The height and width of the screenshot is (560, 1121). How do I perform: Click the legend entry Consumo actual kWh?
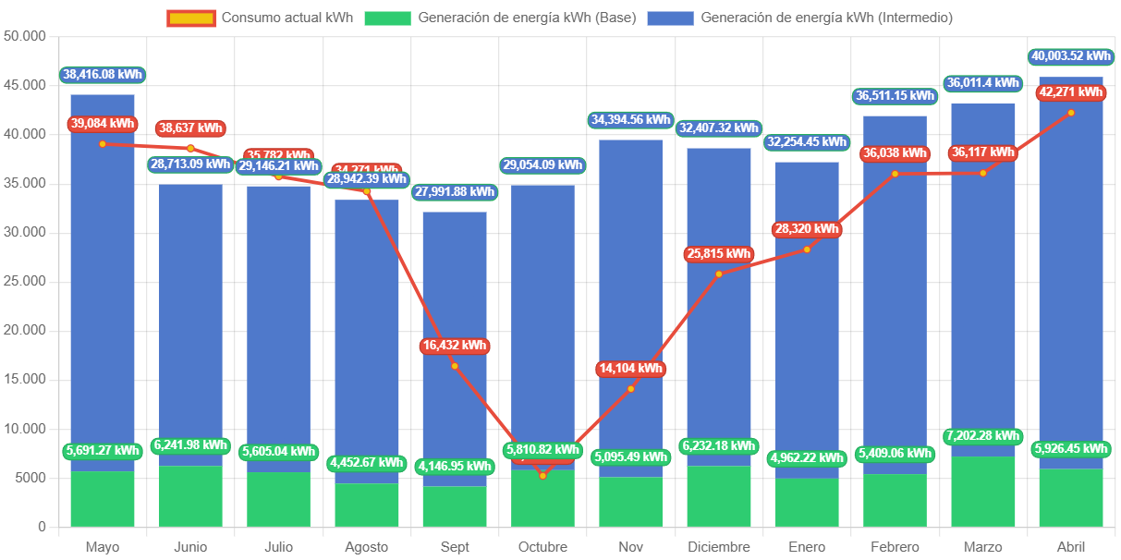(x=260, y=18)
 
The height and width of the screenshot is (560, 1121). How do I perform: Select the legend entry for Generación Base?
(x=500, y=18)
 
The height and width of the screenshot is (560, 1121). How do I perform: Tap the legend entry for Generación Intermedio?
(x=799, y=18)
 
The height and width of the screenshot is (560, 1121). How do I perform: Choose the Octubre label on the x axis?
(x=542, y=547)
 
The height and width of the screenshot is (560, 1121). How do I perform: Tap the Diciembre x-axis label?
(x=719, y=547)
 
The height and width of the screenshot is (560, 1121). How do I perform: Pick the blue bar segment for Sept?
(x=455, y=277)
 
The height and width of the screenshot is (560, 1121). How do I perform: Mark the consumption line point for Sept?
(x=455, y=366)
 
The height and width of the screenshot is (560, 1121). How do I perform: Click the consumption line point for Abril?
(x=1071, y=113)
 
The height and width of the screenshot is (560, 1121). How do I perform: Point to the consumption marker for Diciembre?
(x=719, y=274)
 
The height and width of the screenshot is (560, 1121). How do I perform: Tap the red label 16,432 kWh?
(x=454, y=346)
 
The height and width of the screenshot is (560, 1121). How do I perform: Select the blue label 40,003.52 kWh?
(x=1070, y=56)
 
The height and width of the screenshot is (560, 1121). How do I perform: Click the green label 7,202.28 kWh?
(x=982, y=435)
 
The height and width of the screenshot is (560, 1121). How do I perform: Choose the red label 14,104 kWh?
(x=631, y=369)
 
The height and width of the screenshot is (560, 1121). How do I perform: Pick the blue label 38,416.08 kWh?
(x=103, y=74)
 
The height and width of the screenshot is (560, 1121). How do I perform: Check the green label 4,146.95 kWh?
(x=455, y=466)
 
